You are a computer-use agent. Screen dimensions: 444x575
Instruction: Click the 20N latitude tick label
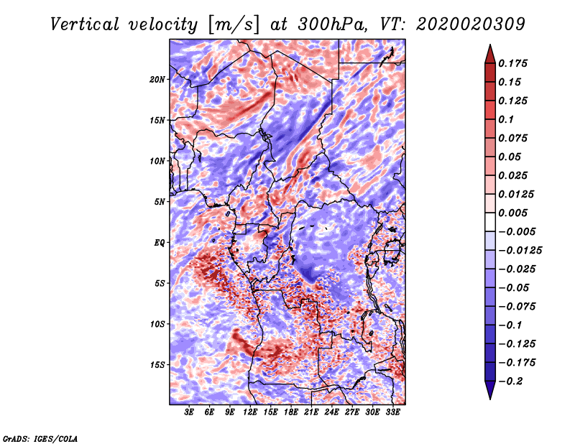[157, 79]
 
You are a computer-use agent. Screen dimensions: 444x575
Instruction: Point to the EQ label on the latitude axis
[159, 243]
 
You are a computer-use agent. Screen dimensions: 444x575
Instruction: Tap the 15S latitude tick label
[157, 365]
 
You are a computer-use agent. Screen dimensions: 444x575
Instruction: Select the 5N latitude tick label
[160, 202]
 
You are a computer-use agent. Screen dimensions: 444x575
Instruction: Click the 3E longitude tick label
[190, 413]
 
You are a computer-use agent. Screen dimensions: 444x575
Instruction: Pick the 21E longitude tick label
[311, 413]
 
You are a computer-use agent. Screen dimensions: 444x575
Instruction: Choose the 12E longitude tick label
[250, 413]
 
